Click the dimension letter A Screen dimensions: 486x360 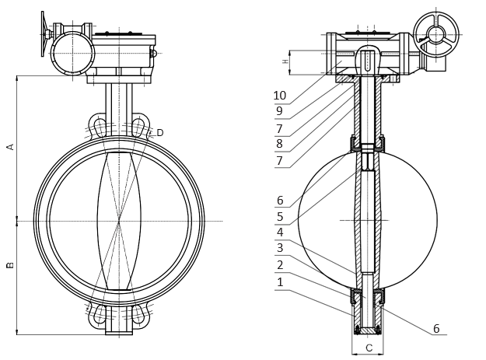[x=11, y=146]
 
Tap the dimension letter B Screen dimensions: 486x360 [x=11, y=265]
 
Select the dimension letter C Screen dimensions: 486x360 [x=369, y=348]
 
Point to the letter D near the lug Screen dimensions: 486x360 [x=160, y=133]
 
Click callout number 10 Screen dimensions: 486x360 [x=280, y=96]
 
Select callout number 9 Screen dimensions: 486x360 [x=279, y=111]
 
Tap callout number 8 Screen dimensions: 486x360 [x=279, y=144]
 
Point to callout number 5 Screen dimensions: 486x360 [x=280, y=217]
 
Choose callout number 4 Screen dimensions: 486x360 [x=280, y=232]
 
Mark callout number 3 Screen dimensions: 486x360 [x=280, y=248]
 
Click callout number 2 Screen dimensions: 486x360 [x=280, y=265]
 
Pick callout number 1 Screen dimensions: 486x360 [x=280, y=282]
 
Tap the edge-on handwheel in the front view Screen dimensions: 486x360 [x=43, y=34]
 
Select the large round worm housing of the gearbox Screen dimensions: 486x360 [x=72, y=53]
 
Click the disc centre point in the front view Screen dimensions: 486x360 [x=119, y=221]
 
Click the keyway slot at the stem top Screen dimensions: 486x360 [x=368, y=61]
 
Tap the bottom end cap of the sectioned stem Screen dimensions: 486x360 [x=367, y=330]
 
